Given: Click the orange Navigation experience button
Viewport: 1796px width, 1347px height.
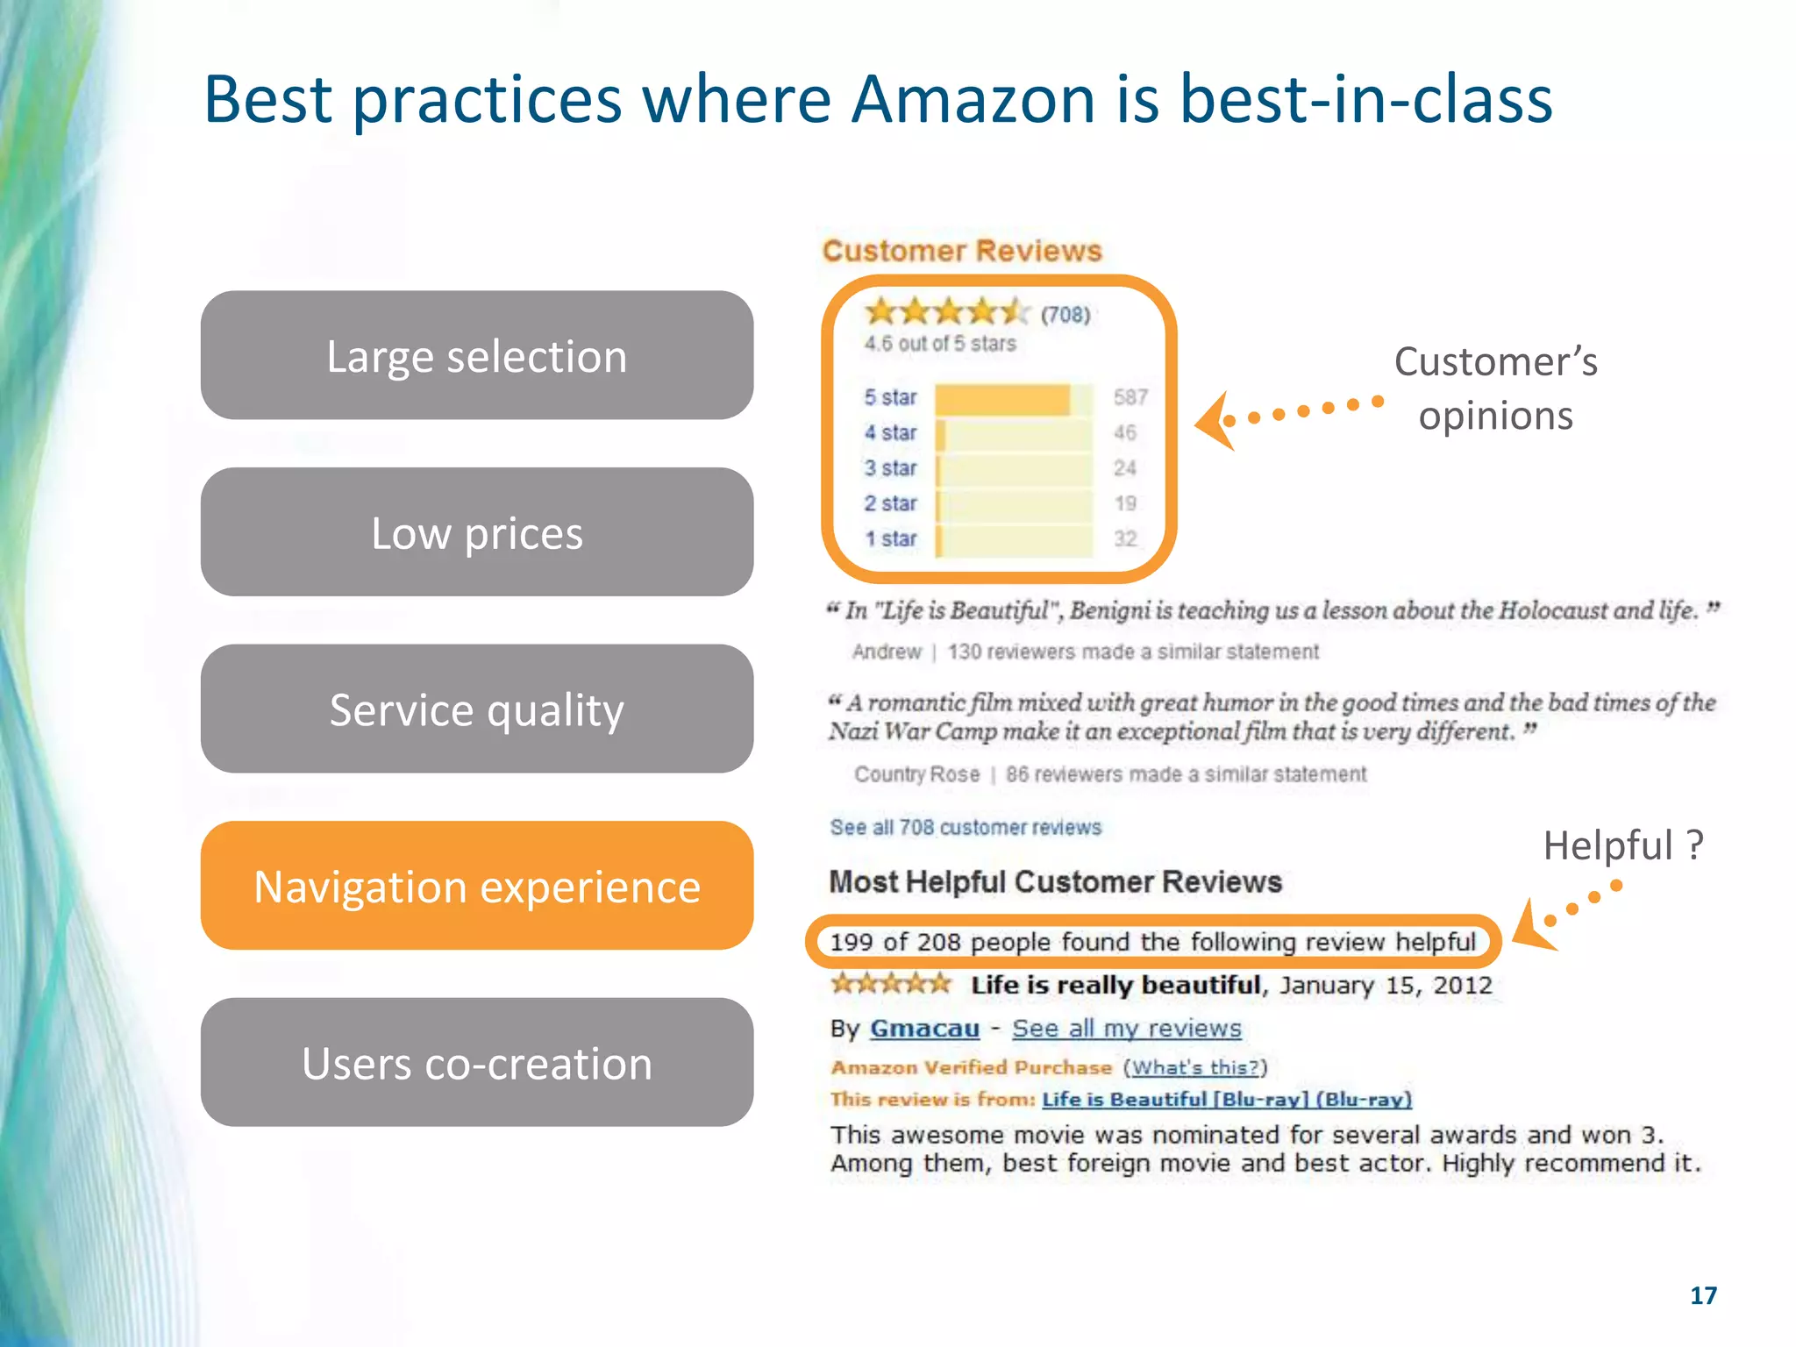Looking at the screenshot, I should [x=476, y=886].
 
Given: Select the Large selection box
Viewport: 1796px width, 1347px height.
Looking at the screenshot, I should [x=476, y=355].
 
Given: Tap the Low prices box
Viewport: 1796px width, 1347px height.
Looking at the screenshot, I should [x=476, y=532].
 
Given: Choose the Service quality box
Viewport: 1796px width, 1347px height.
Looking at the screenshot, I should [x=476, y=709].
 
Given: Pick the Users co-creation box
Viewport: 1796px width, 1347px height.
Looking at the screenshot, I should [x=476, y=1062].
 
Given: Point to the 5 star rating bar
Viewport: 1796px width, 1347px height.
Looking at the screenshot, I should [x=1013, y=398].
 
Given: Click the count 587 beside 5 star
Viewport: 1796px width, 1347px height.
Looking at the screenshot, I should [x=1130, y=398].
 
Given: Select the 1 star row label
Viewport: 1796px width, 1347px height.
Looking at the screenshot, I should [x=890, y=538].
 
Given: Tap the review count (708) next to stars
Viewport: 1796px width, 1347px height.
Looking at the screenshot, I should [x=1065, y=315].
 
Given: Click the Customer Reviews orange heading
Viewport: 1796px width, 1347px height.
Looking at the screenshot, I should [x=961, y=251].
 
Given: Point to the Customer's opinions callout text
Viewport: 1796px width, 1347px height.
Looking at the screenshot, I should [x=1495, y=388].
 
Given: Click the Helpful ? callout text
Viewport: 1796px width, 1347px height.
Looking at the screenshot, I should [x=1622, y=845].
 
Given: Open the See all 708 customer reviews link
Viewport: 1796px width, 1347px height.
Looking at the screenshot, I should [x=965, y=827].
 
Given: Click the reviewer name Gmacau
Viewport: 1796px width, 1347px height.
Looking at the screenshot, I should [x=923, y=1028].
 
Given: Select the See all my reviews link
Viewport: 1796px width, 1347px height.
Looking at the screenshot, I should [x=1126, y=1028].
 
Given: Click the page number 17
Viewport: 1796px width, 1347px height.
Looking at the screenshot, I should [x=1702, y=1295].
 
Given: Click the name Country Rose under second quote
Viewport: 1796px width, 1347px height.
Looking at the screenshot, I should [x=916, y=774].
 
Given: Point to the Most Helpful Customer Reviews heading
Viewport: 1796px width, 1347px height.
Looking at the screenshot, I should [x=1055, y=881].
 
